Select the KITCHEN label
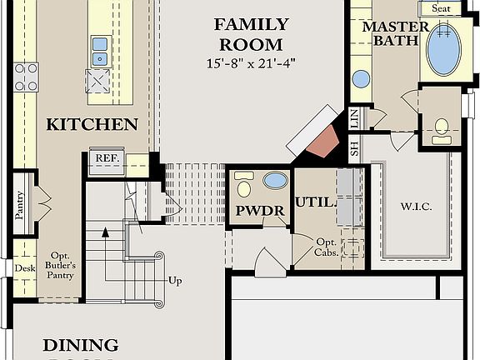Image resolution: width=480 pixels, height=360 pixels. (92, 125)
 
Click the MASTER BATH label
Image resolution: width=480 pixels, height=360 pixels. (395, 33)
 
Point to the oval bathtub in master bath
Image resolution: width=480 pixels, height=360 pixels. (447, 49)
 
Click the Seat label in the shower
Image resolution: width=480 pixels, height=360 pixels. (441, 8)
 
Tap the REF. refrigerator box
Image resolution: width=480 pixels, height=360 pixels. (107, 158)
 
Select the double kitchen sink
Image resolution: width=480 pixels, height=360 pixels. (100, 50)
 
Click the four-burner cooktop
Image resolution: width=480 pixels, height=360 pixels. (25, 77)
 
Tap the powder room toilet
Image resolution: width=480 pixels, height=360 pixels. (243, 182)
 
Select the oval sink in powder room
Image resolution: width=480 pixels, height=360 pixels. (274, 180)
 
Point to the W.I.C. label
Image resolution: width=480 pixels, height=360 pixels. (416, 206)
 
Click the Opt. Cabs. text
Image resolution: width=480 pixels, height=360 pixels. (326, 247)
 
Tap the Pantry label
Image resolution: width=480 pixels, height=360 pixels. (19, 203)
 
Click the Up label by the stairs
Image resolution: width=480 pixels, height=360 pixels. (175, 281)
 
